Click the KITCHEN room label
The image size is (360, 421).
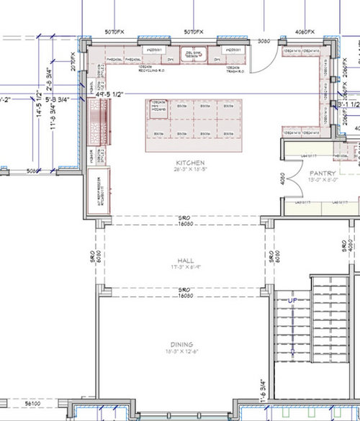coord(184,163)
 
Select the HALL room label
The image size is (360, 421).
coord(185,260)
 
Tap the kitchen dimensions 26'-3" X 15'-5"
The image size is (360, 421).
coord(184,171)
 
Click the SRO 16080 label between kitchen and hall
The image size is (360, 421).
coord(184,220)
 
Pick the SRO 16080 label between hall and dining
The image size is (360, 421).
coord(184,293)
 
